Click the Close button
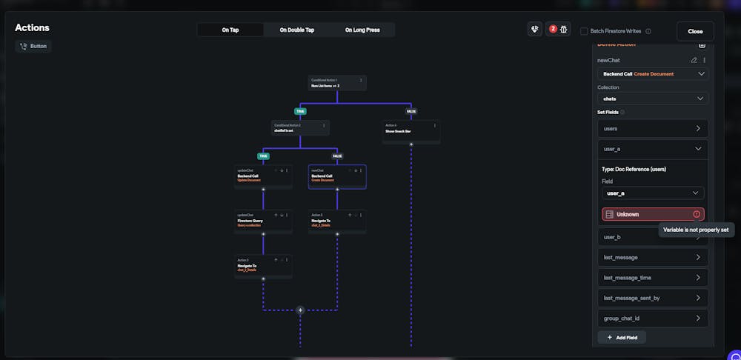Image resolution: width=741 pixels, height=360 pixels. [x=694, y=31]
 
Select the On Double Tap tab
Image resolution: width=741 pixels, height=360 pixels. [x=296, y=30]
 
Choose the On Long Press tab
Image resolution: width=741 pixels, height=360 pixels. [x=362, y=30]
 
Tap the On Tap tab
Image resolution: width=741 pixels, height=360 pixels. [x=230, y=30]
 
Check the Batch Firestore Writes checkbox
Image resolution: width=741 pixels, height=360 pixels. [x=584, y=31]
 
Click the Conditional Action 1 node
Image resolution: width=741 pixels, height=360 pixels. [x=336, y=83]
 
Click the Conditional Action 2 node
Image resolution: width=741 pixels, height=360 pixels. [x=299, y=128]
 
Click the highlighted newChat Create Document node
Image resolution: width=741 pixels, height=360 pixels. [x=336, y=176]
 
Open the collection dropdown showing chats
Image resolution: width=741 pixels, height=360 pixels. [x=652, y=99]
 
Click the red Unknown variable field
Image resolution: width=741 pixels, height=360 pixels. [x=652, y=214]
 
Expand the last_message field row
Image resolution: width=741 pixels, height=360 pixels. [x=652, y=258]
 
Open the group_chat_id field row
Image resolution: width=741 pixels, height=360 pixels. [x=652, y=319]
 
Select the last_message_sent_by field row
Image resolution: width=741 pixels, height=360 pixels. [x=652, y=298]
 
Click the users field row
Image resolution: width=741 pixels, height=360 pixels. [x=652, y=129]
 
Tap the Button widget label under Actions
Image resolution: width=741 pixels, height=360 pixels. [x=33, y=46]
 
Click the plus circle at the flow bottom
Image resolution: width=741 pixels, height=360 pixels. [x=300, y=310]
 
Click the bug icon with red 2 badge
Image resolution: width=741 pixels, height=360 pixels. [x=558, y=30]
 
